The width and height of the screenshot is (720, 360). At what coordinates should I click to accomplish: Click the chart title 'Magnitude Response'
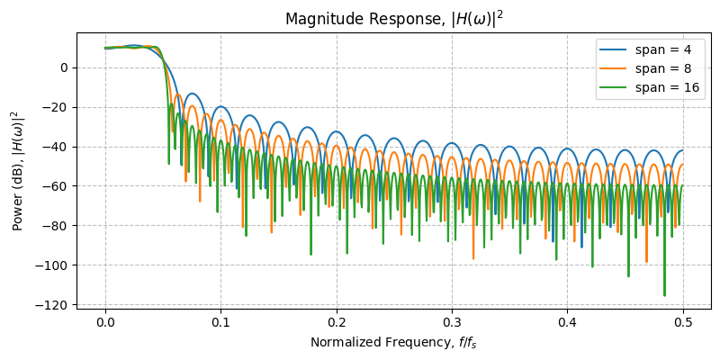(x=393, y=19)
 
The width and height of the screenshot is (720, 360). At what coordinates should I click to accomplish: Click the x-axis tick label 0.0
(x=105, y=322)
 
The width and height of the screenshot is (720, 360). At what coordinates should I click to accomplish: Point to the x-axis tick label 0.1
(x=220, y=322)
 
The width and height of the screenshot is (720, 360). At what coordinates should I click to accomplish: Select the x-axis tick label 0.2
(x=337, y=322)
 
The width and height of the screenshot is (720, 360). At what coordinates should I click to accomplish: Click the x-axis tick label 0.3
(x=452, y=322)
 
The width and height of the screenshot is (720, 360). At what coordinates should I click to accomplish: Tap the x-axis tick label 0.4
(x=568, y=322)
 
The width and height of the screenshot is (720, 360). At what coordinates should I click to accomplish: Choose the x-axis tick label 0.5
(x=683, y=322)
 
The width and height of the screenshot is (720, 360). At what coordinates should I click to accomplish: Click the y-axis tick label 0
(x=65, y=67)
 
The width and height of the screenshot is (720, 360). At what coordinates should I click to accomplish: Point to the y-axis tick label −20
(x=58, y=107)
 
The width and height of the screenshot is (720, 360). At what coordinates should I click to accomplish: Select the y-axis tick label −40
(x=58, y=147)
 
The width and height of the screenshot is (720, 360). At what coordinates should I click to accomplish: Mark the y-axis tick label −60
(x=58, y=186)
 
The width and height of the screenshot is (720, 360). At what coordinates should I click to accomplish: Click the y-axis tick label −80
(x=58, y=226)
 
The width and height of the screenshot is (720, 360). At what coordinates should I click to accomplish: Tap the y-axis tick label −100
(x=54, y=265)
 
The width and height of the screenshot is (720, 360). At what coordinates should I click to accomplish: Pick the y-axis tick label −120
(x=54, y=305)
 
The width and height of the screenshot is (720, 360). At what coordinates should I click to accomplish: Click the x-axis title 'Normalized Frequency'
(x=393, y=342)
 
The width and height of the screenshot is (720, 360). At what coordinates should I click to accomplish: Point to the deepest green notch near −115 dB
(x=664, y=293)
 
